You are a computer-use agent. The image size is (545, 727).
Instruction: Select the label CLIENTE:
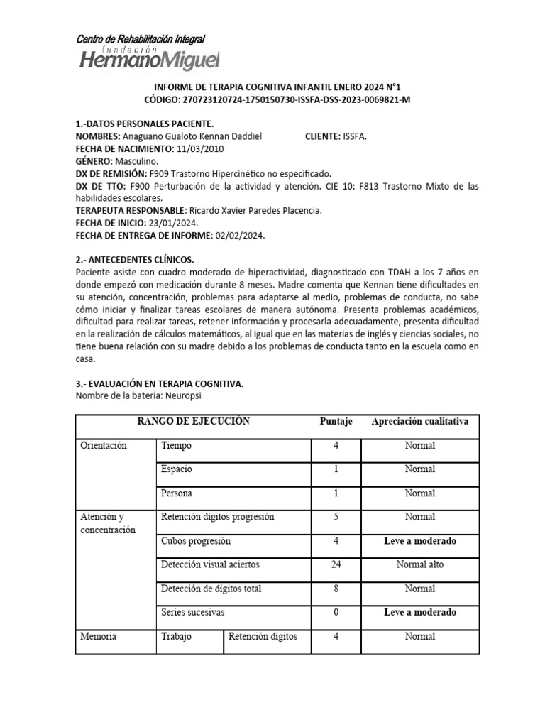coord(327,136)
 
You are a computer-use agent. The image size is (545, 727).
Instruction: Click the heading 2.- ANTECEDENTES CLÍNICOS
coord(134,260)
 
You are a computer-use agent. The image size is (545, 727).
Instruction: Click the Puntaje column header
coord(336,421)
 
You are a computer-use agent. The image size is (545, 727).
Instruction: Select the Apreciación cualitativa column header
coord(419,421)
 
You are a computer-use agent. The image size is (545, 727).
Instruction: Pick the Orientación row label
coord(103,445)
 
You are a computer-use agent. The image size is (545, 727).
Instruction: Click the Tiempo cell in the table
coord(176,445)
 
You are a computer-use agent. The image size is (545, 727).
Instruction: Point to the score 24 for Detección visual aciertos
coord(336,564)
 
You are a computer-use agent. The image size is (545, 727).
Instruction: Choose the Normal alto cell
coord(419,564)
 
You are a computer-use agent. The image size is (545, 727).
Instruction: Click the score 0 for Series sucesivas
coord(336,612)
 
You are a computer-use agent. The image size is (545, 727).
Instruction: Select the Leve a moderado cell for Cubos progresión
coord(419,540)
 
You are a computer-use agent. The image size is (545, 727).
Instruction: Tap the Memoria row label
coord(98,636)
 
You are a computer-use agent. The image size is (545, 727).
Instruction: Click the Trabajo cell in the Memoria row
coord(176,636)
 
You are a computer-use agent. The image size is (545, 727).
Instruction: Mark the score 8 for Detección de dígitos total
coord(336,589)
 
